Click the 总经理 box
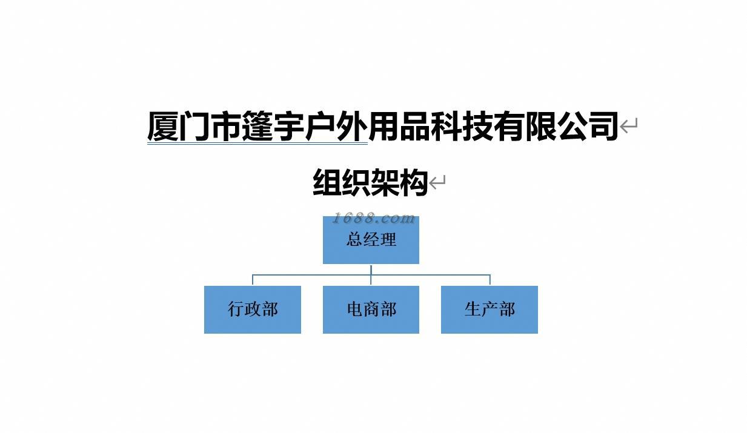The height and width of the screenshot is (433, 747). (x=371, y=240)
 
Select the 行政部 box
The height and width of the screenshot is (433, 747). (x=253, y=309)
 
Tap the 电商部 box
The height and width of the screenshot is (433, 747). (x=371, y=309)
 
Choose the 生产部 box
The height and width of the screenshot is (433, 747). (x=490, y=309)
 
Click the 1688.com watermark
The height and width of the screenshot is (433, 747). (x=374, y=218)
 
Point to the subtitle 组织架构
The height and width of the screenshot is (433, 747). (x=370, y=182)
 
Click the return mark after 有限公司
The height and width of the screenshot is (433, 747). (x=629, y=126)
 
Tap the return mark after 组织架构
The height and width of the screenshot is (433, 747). (x=437, y=182)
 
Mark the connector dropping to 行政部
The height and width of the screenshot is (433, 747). (x=253, y=280)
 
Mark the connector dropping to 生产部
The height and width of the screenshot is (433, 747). (x=490, y=280)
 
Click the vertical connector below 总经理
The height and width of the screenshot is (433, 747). (x=371, y=269)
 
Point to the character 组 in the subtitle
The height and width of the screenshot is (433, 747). (x=327, y=182)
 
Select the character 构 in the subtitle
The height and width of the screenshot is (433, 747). (x=414, y=182)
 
